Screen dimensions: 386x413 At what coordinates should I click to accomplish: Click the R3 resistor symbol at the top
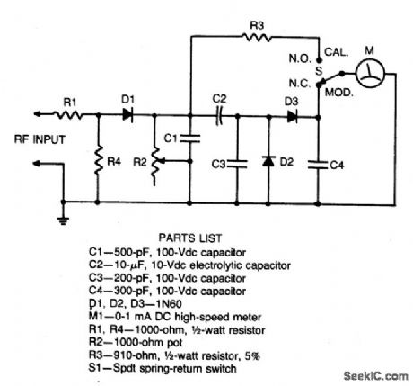pyautogui.click(x=259, y=38)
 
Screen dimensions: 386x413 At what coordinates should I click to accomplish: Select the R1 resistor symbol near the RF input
pyautogui.click(x=66, y=114)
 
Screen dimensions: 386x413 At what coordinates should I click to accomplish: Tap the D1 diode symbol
pyautogui.click(x=128, y=114)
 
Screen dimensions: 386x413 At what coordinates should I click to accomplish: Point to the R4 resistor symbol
pyautogui.click(x=97, y=163)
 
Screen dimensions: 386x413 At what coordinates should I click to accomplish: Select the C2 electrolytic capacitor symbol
pyautogui.click(x=218, y=114)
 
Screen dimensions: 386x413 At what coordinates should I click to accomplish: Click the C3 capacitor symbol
pyautogui.click(x=236, y=163)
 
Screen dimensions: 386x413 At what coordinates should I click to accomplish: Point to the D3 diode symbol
pyautogui.click(x=292, y=115)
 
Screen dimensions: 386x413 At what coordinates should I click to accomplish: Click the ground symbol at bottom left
pyautogui.click(x=64, y=216)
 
